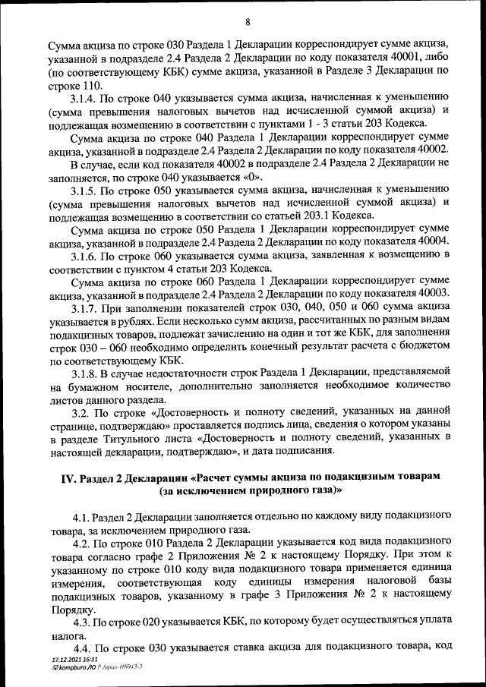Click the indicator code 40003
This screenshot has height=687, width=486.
point(434,293)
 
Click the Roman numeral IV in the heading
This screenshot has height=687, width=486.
point(69,475)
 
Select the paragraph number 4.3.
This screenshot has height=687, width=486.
point(81,622)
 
